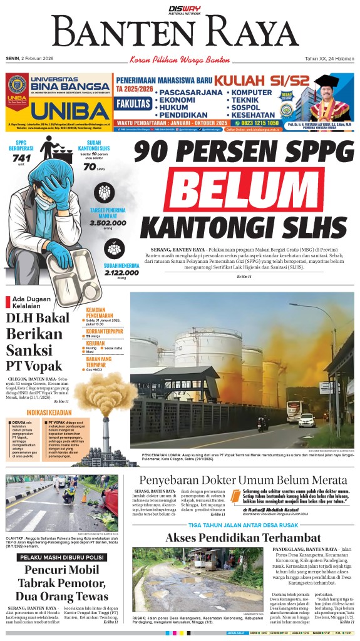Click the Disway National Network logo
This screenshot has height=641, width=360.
coord(181,8)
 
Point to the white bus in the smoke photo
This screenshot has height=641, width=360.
coord(307,420)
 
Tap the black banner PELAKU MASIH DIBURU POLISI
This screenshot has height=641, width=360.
coord(62,556)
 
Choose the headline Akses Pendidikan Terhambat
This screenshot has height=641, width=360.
coord(243,538)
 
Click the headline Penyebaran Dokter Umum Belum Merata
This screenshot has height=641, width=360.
coord(243,480)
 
